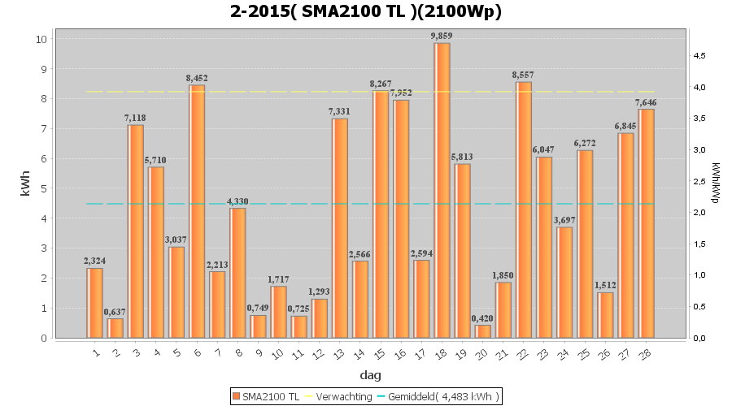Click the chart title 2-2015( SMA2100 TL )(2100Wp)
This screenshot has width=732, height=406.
[x=365, y=12]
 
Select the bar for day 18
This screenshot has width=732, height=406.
[x=442, y=190]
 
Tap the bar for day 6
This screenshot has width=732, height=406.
[x=197, y=211]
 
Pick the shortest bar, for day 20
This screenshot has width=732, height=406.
[x=483, y=331]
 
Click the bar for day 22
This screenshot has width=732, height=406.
[x=524, y=209]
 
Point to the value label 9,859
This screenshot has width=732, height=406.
[x=442, y=37]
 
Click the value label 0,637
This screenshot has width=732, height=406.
[x=115, y=312]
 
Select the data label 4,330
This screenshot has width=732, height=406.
[x=237, y=201]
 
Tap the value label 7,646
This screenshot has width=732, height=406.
[x=647, y=102]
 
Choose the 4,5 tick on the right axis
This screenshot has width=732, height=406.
[x=699, y=55]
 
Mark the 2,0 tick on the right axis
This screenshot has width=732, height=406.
[x=699, y=213]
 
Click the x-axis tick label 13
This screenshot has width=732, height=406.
[x=338, y=354]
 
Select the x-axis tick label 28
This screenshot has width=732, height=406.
[x=645, y=354]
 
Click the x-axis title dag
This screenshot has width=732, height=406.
[x=370, y=375]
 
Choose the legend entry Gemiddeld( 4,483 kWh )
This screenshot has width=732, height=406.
[x=442, y=396]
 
